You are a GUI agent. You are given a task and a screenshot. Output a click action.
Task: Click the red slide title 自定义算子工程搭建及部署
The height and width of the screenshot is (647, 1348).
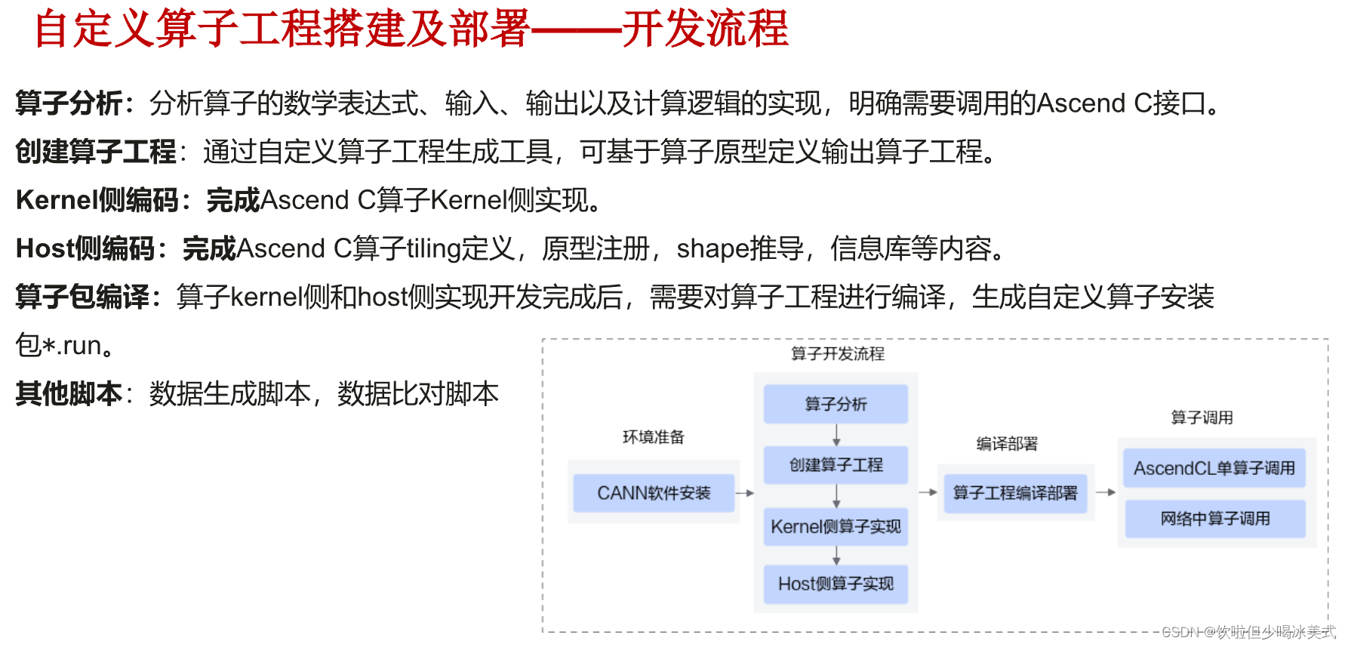(283, 29)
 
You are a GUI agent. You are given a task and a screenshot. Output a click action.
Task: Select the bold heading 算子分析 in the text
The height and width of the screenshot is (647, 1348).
(69, 103)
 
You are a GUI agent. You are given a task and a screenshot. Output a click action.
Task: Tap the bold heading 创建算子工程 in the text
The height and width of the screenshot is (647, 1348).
(96, 152)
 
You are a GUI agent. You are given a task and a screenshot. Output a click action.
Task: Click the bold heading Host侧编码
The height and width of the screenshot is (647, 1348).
(85, 248)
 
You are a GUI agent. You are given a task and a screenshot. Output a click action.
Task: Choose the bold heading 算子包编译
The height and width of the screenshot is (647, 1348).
(82, 297)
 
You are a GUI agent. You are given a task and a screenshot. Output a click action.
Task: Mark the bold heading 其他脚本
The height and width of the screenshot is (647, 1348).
(69, 393)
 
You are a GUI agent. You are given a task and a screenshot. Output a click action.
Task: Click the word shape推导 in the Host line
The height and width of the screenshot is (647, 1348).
(740, 248)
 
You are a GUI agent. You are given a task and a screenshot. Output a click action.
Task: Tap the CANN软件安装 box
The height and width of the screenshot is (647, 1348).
(654, 493)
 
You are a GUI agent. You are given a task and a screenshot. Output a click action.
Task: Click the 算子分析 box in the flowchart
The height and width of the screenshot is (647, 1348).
(836, 404)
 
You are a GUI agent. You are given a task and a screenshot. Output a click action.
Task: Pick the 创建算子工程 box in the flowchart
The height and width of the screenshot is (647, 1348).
(836, 464)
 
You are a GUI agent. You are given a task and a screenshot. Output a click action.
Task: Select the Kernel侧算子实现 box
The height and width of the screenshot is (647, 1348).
(836, 526)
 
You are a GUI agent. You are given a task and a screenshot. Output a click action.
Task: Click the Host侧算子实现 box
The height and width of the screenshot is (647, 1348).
(836, 584)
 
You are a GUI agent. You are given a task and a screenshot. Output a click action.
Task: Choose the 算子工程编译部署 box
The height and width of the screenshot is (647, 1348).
(1014, 493)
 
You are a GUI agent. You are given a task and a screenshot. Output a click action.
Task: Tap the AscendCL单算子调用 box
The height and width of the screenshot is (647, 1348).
(1214, 468)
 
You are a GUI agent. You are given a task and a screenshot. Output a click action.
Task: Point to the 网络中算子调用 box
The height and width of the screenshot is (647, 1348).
(1214, 519)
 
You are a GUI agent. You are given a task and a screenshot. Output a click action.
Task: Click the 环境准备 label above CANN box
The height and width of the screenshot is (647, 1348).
(653, 437)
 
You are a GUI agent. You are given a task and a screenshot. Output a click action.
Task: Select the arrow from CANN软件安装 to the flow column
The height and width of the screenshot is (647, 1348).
(745, 493)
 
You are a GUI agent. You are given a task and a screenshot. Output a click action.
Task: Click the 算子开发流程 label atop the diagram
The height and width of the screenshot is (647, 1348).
(837, 353)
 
